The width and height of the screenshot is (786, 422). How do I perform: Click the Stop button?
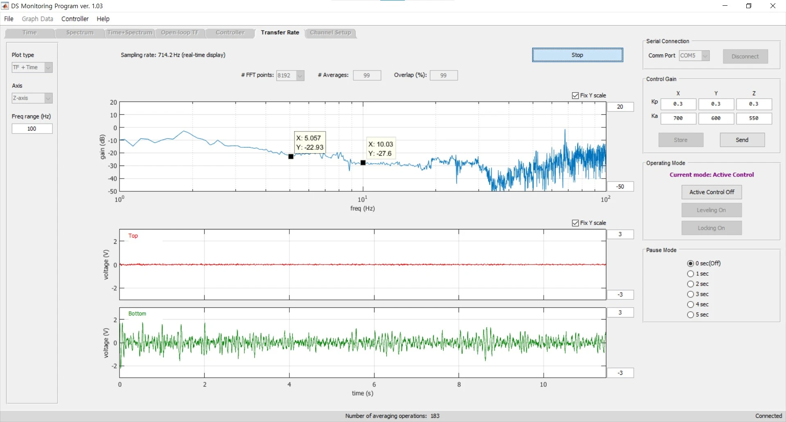click(x=577, y=55)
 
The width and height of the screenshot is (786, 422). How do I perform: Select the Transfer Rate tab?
click(x=280, y=33)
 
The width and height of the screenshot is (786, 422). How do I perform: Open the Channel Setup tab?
click(x=330, y=33)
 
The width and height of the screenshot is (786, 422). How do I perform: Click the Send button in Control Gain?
click(x=742, y=140)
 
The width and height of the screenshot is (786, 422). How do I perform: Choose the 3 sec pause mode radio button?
click(x=691, y=294)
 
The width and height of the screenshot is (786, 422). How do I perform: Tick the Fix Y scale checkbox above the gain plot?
click(x=576, y=95)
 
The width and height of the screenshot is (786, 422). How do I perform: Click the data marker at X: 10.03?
click(x=363, y=163)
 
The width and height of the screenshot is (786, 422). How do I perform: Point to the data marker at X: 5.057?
click(x=291, y=157)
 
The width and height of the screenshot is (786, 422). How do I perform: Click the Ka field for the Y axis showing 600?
click(x=716, y=118)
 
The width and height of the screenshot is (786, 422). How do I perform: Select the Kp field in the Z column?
click(x=754, y=104)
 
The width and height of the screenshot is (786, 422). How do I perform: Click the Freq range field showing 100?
click(x=32, y=129)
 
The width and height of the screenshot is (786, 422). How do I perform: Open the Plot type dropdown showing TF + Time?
click(x=32, y=67)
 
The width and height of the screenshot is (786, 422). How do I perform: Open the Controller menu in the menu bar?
click(x=75, y=19)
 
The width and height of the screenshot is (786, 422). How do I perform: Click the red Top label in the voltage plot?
click(x=133, y=236)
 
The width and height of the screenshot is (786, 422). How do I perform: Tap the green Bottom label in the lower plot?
click(x=137, y=313)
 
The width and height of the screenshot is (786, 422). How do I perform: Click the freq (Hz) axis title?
click(x=363, y=209)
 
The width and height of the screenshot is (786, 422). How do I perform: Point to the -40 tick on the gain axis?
click(x=112, y=179)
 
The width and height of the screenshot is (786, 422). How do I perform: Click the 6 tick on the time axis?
click(x=374, y=384)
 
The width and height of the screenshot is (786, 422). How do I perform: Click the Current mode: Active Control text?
click(x=712, y=175)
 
